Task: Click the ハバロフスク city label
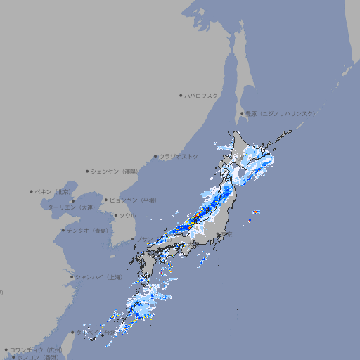(x=202, y=95)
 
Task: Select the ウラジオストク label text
(x=179, y=156)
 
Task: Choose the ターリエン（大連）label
(x=70, y=207)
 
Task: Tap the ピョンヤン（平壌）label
(x=133, y=200)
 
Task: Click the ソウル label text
(x=127, y=215)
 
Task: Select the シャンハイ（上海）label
(x=99, y=277)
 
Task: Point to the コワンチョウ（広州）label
(x=35, y=349)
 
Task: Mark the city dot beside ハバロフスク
(x=181, y=95)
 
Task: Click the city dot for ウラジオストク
(x=155, y=156)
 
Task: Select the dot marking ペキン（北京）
(x=32, y=191)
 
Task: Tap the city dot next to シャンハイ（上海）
(x=72, y=277)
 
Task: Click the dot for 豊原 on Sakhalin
(x=242, y=113)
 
